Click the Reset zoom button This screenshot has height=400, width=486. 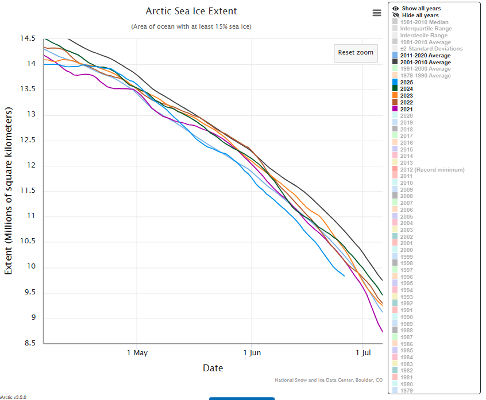coord(356,52)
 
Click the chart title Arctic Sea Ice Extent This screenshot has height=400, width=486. coord(191,11)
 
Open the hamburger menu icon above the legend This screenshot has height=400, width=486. coord(377,13)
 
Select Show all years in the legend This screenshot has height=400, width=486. coord(421,9)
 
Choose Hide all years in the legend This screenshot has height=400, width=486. coord(420,15)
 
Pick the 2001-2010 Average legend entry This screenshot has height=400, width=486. coord(425,62)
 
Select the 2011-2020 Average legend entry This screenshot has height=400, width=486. coord(425,56)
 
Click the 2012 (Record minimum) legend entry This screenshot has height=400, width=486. coord(432,169)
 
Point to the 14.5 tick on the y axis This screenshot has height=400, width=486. coord(28,38)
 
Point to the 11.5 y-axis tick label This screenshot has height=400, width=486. coord(28,191)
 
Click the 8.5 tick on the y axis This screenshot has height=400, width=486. coord(28,343)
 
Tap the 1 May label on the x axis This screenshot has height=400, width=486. coord(137,352)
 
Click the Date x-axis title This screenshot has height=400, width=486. coord(213,368)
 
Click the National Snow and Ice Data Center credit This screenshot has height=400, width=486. coord(329,380)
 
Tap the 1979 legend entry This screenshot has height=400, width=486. coord(406,390)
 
